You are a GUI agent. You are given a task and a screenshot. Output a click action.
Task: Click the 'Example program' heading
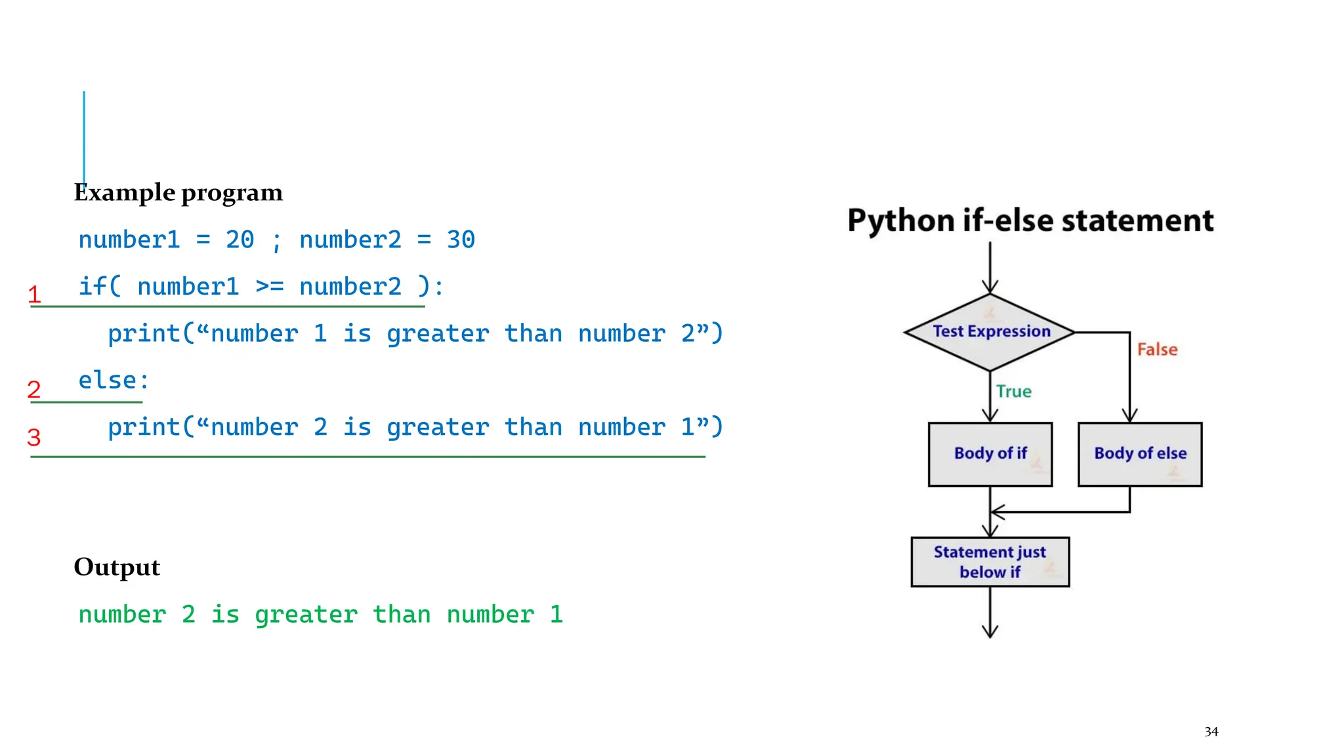[178, 193]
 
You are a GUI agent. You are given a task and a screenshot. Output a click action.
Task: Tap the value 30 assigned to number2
[461, 240]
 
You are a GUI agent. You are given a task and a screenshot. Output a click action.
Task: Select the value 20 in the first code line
[240, 240]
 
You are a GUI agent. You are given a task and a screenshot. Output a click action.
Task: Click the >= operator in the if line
[269, 287]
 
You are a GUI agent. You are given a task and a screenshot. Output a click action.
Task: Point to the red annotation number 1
[35, 295]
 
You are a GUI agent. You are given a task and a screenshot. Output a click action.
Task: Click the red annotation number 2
[34, 390]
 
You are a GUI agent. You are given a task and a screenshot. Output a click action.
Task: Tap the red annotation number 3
[34, 437]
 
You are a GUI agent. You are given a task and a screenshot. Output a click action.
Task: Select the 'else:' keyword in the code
[114, 381]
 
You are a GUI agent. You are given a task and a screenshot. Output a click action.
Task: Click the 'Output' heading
[117, 567]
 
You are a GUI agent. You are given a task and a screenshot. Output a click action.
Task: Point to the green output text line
[320, 615]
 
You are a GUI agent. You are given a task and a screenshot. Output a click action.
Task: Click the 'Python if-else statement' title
[1030, 220]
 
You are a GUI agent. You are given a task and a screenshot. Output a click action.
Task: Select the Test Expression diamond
[990, 332]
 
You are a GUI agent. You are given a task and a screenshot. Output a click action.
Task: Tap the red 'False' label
[1157, 350]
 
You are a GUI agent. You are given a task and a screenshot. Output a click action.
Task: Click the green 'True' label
[1013, 392]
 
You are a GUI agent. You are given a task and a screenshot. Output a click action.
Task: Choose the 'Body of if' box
[990, 454]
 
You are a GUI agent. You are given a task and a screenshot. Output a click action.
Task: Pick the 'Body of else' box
[1140, 454]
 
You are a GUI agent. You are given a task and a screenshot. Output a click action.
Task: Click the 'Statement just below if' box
[990, 562]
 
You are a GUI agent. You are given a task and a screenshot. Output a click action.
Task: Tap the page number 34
[1211, 732]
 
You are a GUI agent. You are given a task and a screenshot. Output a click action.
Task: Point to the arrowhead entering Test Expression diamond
[990, 287]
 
